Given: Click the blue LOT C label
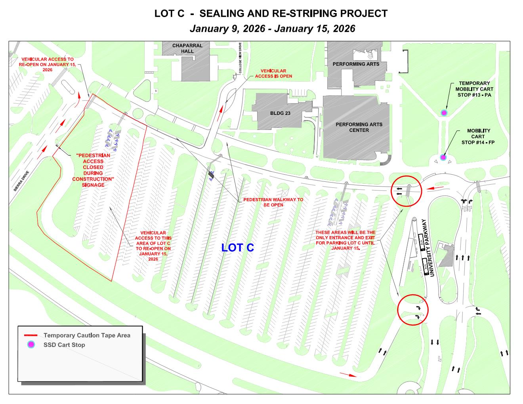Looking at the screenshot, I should coord(237,248).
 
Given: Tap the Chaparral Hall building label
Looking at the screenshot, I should coord(187,48).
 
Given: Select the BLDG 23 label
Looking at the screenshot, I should coord(280,113).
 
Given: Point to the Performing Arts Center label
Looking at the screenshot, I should coord(359,127).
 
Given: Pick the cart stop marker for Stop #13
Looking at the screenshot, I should coord(444,113).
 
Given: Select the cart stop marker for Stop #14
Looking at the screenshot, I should coord(443,157).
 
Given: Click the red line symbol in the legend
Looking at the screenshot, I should coord(31,335).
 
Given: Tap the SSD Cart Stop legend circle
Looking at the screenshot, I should coord(31,345).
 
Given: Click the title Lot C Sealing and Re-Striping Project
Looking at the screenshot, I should coord(271,13).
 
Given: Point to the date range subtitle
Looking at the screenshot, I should coord(272,29).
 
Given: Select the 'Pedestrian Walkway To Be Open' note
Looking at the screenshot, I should coord(273,202).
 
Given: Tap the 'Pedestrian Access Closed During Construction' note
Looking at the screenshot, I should coord(93,170).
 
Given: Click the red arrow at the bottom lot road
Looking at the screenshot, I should coord(348,374).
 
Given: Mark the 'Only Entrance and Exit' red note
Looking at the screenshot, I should coord(345,240).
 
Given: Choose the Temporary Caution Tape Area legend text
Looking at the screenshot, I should coord(87,335).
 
